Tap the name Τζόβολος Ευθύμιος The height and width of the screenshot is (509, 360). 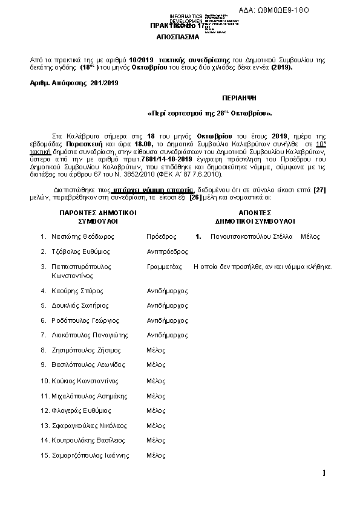(81, 251)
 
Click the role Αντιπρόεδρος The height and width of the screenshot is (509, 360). (168, 251)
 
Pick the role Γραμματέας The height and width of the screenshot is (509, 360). (165, 267)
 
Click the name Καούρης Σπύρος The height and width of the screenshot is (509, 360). (76, 291)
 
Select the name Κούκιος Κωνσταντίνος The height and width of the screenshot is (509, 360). (87, 381)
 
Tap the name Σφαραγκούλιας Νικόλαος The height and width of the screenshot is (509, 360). (90, 426)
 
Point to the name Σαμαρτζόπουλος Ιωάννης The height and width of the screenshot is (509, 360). (91, 455)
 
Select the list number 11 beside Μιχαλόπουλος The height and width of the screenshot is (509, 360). (44, 396)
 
